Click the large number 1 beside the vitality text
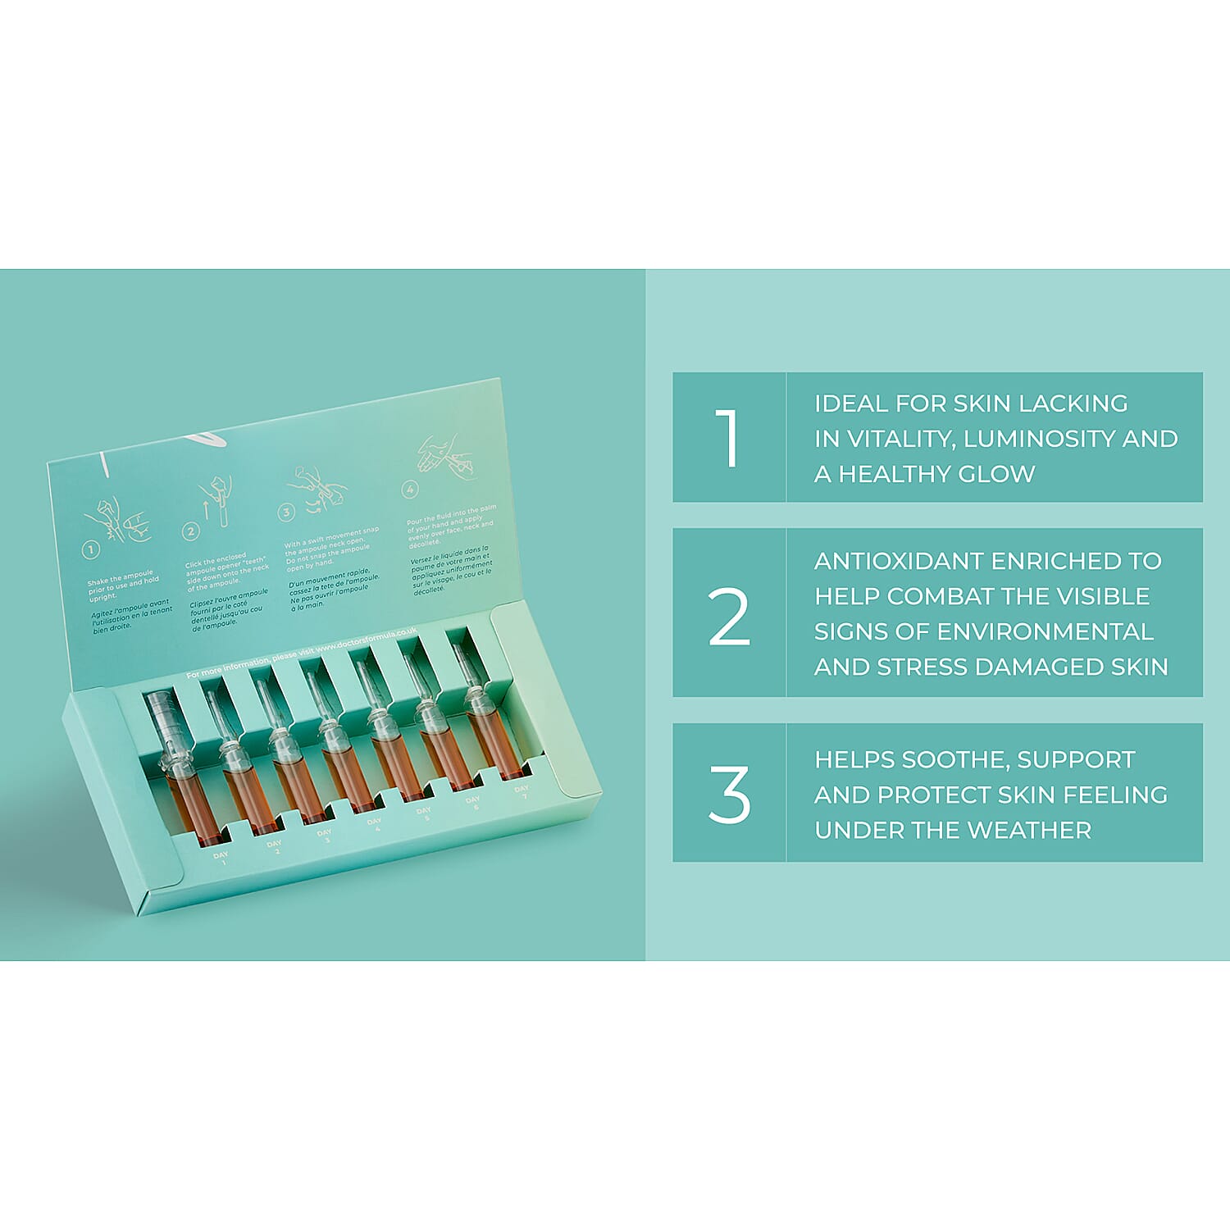tap(727, 438)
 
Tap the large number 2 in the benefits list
tap(729, 617)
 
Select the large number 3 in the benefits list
tap(729, 794)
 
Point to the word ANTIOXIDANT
tap(900, 561)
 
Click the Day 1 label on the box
tap(221, 859)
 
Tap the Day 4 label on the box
tap(375, 824)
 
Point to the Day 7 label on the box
tap(522, 791)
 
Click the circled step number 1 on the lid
tap(91, 550)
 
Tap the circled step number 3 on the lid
tap(285, 512)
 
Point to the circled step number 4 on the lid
tap(410, 490)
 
